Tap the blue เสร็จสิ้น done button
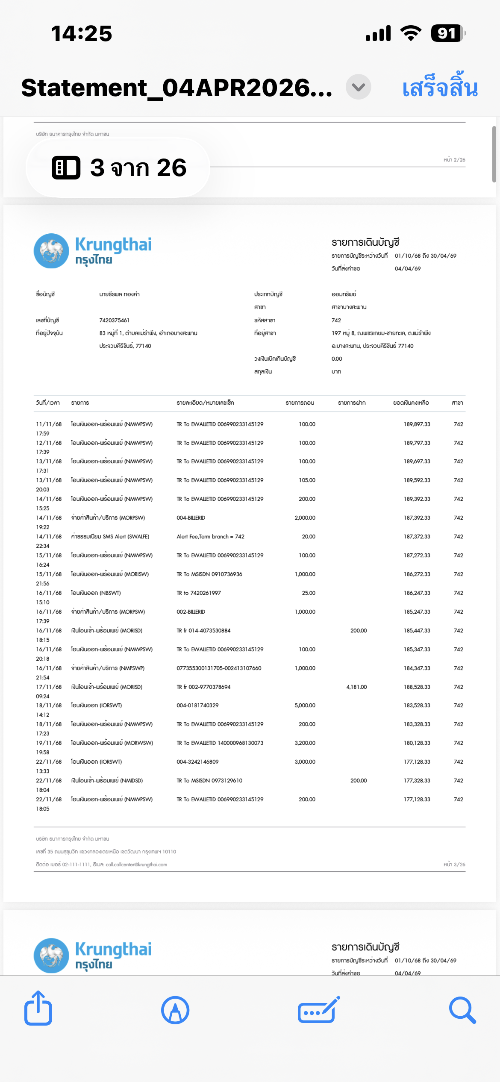click(440, 88)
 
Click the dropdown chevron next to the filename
click(358, 87)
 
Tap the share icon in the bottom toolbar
click(38, 1009)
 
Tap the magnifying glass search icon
click(462, 1010)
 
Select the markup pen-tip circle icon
click(175, 1010)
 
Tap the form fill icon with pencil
click(318, 1010)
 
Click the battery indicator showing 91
click(447, 33)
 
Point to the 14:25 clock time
click(81, 34)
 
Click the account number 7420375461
click(114, 320)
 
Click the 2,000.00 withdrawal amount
click(305, 518)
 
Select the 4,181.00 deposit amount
click(356, 687)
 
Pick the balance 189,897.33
click(417, 424)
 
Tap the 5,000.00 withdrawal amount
click(305, 706)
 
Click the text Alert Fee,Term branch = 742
click(210, 537)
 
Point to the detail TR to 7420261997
click(199, 593)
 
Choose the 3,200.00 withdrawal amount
click(305, 743)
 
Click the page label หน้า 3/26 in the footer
click(454, 864)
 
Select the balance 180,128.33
click(417, 743)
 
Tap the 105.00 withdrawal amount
click(307, 480)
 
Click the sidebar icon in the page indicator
click(66, 168)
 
